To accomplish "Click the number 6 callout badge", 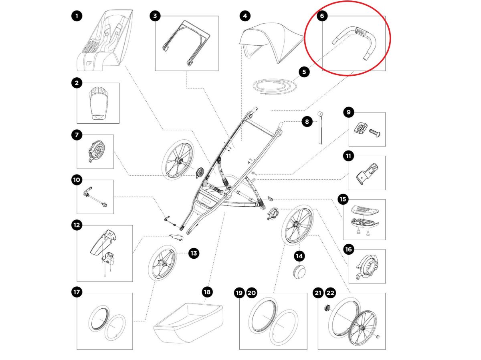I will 322,16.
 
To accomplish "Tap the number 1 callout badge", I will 77,16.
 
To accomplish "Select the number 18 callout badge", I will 207,292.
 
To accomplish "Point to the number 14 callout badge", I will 299,255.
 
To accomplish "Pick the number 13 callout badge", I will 194,253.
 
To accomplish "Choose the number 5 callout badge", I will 304,72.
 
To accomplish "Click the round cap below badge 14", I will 299,270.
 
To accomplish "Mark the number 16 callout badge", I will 348,249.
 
